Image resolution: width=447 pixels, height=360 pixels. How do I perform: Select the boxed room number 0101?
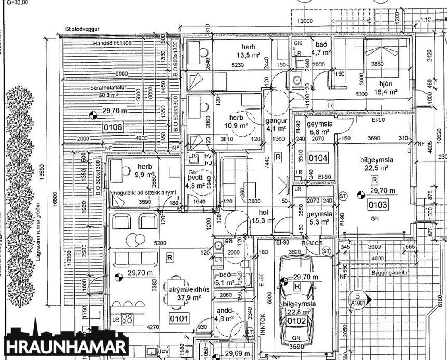click(179, 319)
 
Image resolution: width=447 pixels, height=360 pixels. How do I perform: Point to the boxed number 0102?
click(297, 321)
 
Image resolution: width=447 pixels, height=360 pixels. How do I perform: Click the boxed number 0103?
click(377, 204)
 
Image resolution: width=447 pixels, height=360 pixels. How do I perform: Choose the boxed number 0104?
click(318, 158)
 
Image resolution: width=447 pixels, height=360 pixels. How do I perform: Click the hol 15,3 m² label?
click(263, 216)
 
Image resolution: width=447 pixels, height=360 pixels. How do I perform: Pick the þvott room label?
click(192, 177)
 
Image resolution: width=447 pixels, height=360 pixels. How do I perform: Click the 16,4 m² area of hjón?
click(386, 92)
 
